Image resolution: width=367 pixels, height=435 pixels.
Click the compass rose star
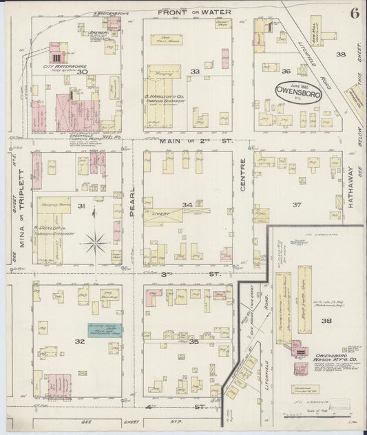(94, 242)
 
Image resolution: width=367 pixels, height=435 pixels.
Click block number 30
(83, 72)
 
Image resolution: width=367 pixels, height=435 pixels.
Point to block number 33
(195, 71)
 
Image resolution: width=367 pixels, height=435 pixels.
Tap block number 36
(286, 70)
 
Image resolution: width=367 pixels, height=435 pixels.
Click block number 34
(187, 204)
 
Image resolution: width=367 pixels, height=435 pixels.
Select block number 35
(194, 341)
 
